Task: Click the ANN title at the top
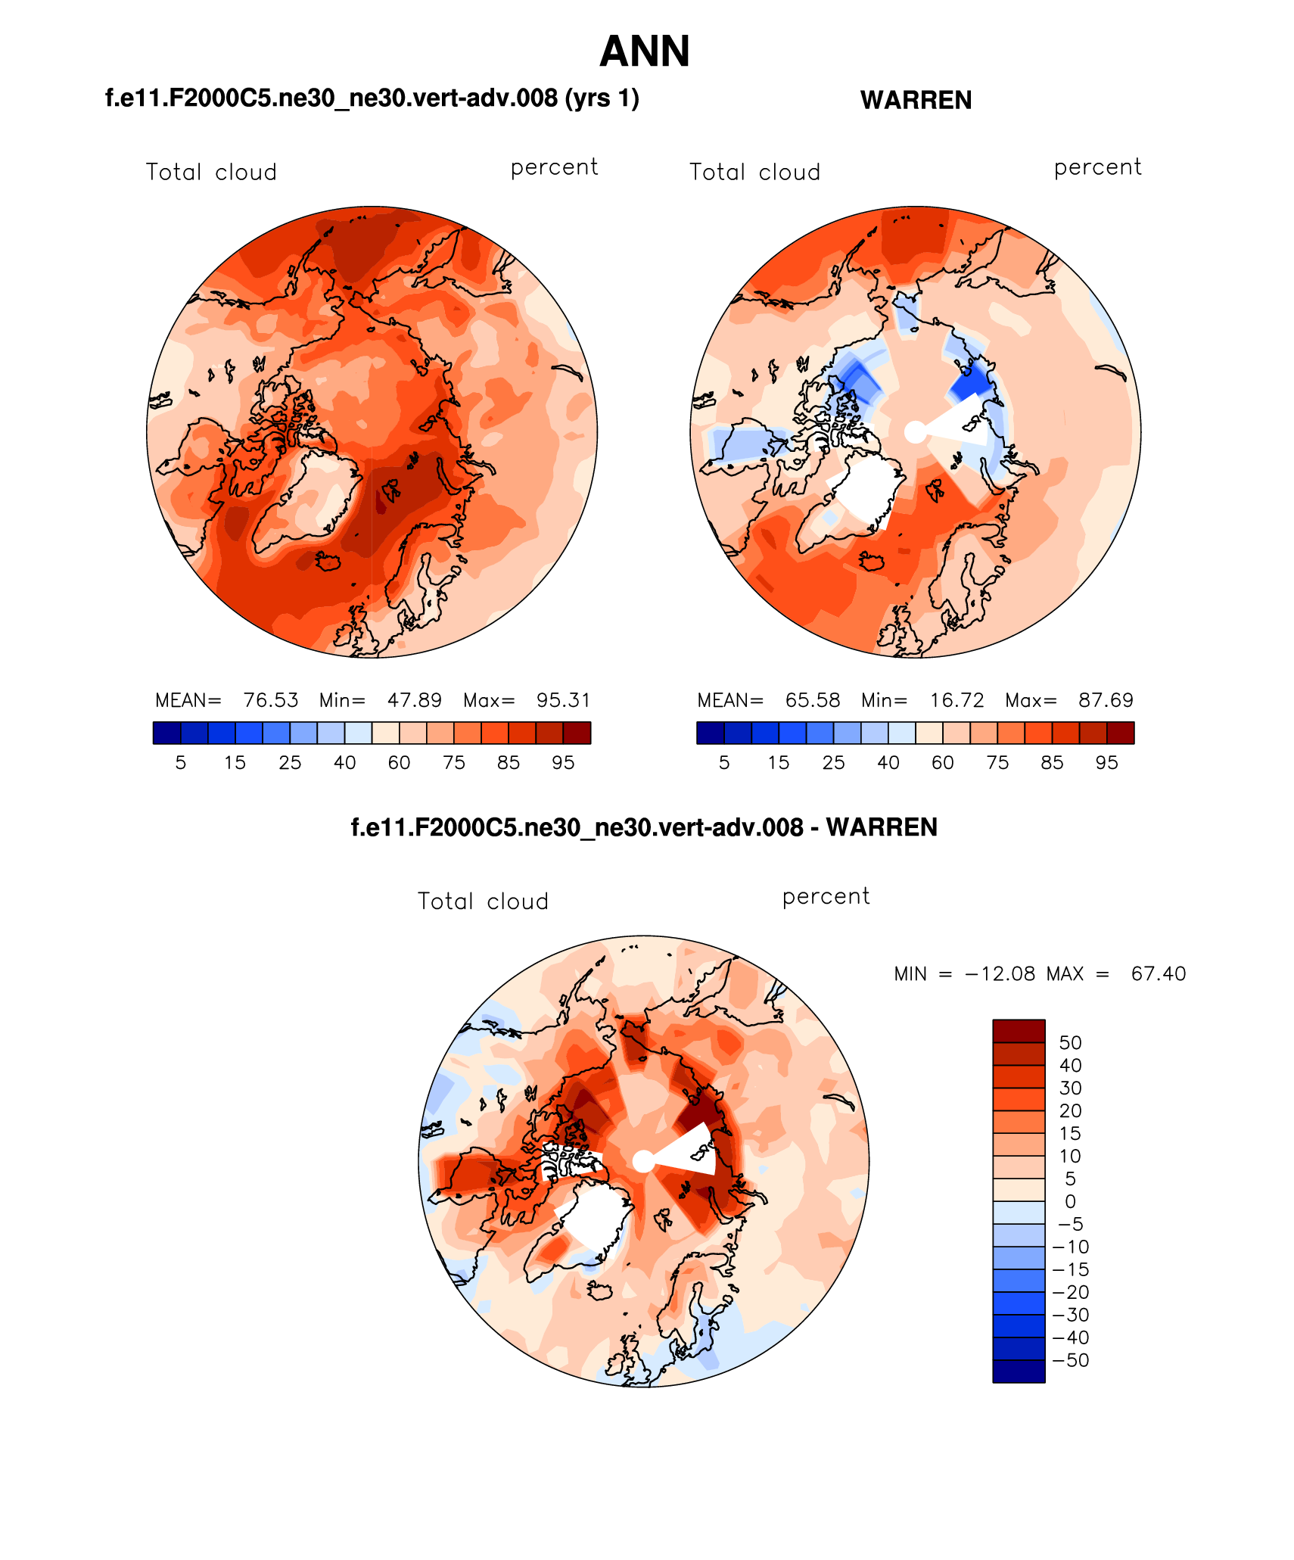644,51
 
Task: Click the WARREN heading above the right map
916,100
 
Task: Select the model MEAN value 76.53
270,700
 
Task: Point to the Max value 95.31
563,700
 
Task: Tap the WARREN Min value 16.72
957,700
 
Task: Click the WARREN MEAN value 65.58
812,700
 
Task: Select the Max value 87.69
1106,700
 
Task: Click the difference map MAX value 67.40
1158,973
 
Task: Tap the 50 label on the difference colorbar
1070,1043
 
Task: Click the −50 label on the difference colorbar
1070,1360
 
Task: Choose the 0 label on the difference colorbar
1070,1201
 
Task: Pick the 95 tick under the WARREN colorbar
1106,763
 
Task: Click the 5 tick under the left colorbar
180,763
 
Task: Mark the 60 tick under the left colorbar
399,763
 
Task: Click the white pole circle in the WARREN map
916,432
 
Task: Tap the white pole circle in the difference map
643,1160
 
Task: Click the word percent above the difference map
826,896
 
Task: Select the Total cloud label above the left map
211,173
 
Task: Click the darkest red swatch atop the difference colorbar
1019,1031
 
